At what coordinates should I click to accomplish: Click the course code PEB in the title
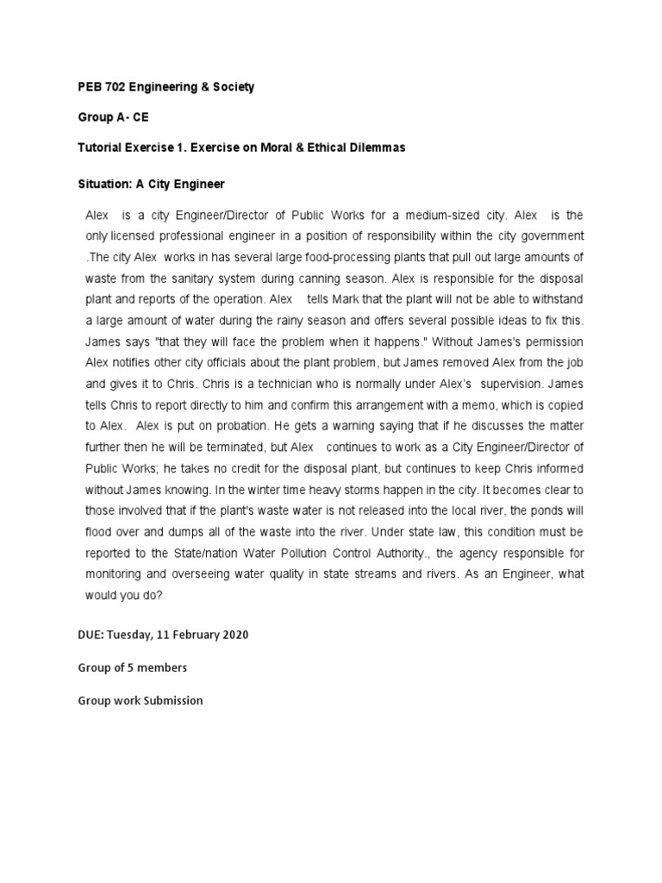point(90,87)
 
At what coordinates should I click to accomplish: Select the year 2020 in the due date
point(234,635)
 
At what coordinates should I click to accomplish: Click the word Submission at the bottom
point(172,700)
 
